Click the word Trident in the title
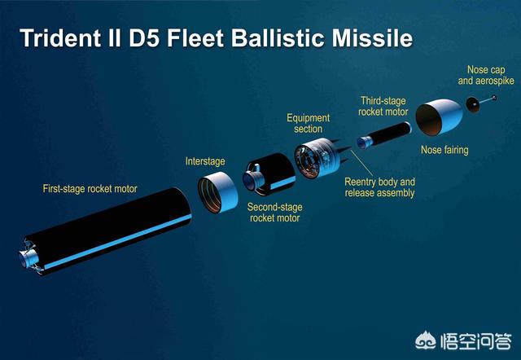(x=60, y=38)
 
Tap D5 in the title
(x=145, y=38)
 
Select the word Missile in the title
(x=372, y=38)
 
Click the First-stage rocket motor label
(x=90, y=189)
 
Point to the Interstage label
(x=205, y=161)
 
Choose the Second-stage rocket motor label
(x=275, y=213)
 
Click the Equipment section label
(x=309, y=123)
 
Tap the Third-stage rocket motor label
(x=383, y=106)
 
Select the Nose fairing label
(x=444, y=150)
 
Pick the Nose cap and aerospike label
(x=486, y=75)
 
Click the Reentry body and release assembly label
(x=380, y=187)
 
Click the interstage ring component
(x=217, y=192)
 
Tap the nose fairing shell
(x=439, y=117)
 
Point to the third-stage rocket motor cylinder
(x=384, y=135)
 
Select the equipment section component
(x=318, y=158)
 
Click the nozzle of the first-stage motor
(x=28, y=258)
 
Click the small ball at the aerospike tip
(x=494, y=98)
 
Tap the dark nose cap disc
(x=472, y=104)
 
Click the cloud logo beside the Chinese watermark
(x=426, y=340)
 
